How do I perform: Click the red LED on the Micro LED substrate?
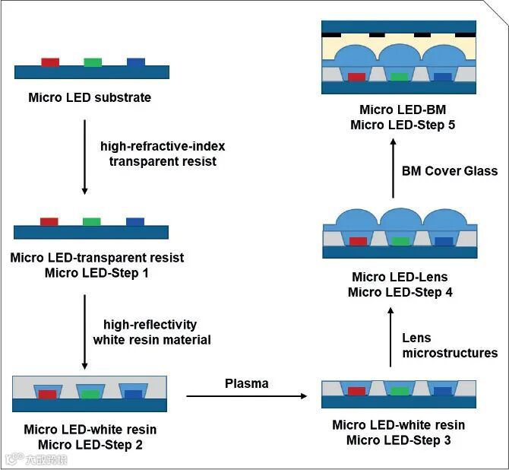[50, 62]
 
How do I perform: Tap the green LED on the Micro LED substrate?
[93, 62]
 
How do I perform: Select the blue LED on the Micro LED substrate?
[136, 62]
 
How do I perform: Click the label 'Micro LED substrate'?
[90, 97]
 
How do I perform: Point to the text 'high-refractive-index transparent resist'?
[163, 153]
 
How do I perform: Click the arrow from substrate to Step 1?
[84, 164]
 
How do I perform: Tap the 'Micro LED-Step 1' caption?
[97, 272]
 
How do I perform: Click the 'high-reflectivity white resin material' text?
[152, 332]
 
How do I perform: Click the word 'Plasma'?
[246, 383]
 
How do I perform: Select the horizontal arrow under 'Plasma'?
[247, 395]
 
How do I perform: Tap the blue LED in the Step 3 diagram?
[442, 392]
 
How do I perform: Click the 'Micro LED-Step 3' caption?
[399, 440]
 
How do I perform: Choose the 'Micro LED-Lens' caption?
[400, 277]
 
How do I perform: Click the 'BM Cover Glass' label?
[449, 171]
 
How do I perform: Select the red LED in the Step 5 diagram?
[356, 77]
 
